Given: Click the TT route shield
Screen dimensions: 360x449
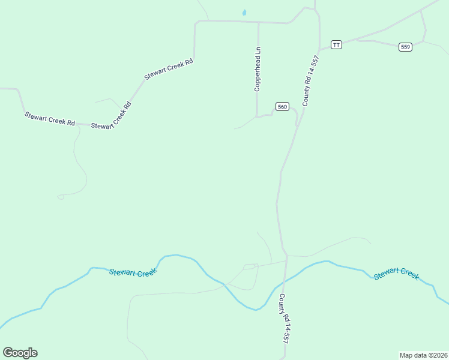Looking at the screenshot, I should point(336,45).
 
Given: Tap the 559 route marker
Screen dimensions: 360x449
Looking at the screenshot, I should point(405,47).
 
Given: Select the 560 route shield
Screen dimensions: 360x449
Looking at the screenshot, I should point(283,107).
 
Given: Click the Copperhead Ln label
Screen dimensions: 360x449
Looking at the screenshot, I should point(258,69).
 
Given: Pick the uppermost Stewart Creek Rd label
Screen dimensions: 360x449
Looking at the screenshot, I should point(168,69).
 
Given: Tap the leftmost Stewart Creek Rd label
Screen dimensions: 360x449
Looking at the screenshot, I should point(49,118).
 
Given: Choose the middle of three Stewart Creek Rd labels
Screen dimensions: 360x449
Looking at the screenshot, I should point(112,116).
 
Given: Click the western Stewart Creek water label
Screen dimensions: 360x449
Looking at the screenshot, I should point(133,272).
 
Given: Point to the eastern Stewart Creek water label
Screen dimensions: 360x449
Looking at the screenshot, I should point(396,274).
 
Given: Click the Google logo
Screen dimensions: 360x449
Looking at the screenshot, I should point(20,353).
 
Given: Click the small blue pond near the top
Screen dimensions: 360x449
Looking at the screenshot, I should point(244,12).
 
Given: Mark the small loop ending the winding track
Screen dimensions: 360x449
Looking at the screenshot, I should point(61,197).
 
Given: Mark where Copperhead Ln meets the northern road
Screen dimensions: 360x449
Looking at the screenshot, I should point(258,22).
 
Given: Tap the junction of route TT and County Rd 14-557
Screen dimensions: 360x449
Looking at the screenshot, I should point(320,49).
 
